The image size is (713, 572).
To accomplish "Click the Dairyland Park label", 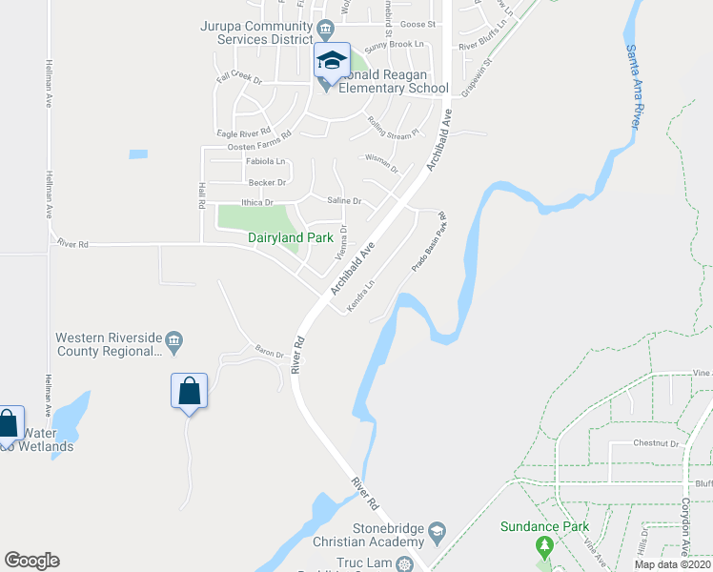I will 289,237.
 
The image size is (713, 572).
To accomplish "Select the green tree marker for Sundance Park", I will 544,547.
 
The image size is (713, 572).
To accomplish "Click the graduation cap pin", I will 332,62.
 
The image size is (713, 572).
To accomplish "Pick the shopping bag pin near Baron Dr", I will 190,391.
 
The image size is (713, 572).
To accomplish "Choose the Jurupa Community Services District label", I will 256,32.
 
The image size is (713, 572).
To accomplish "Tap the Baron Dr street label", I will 269,353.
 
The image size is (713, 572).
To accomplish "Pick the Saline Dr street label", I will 344,201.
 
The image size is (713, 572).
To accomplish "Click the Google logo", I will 31,561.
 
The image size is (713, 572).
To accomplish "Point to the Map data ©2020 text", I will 672,564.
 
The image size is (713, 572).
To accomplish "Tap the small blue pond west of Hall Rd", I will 138,153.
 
